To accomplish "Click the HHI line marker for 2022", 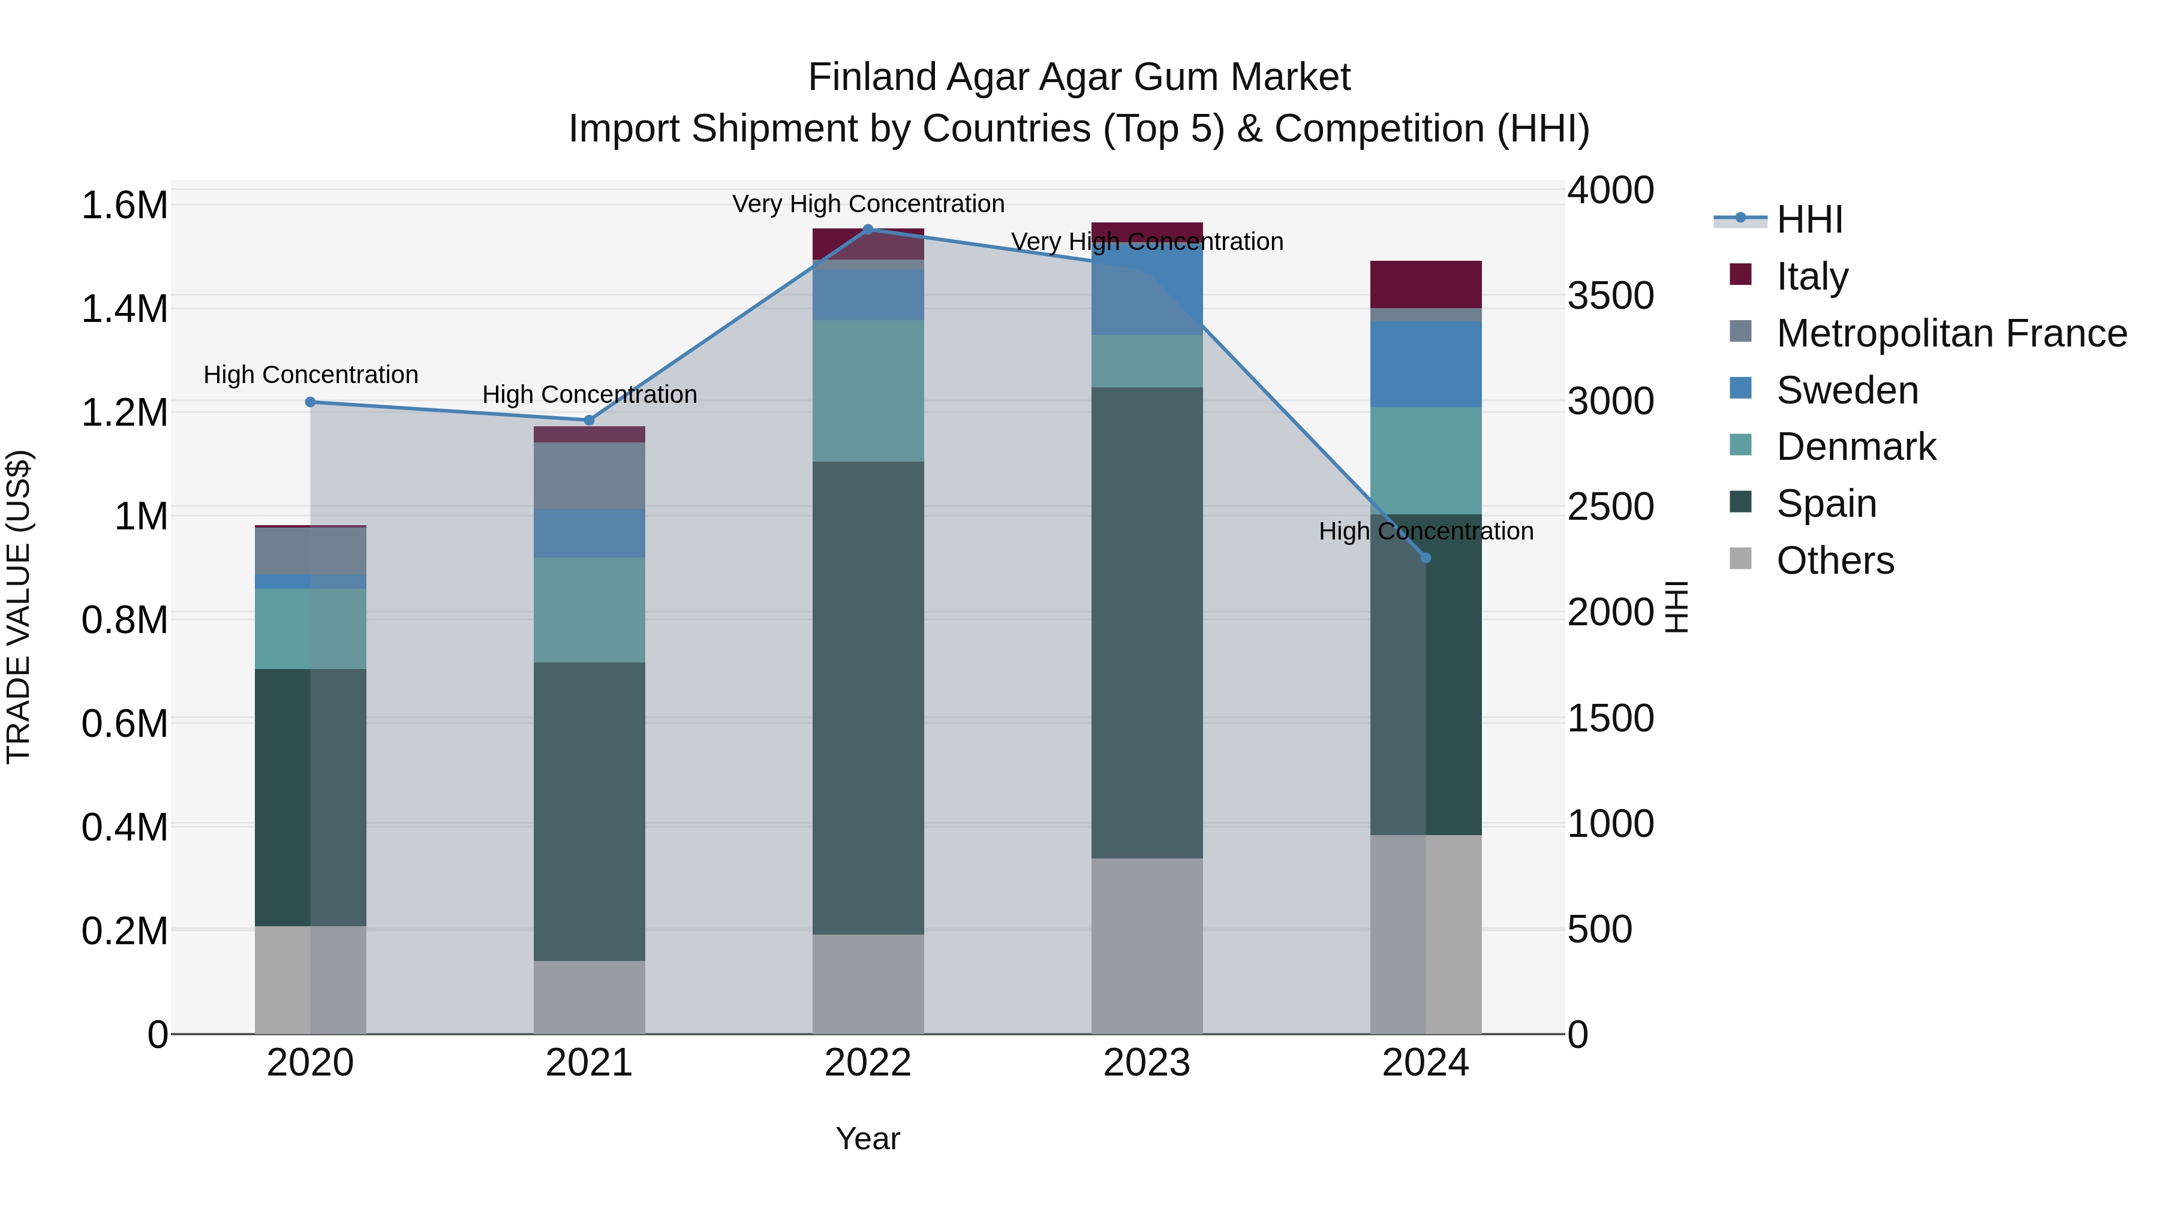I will click(868, 230).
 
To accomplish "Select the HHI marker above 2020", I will click(310, 402).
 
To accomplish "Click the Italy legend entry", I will click(1811, 276).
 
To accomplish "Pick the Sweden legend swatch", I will click(1741, 388).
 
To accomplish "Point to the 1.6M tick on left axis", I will click(124, 205).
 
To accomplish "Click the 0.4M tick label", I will click(124, 827).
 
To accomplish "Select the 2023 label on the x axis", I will click(1147, 1063).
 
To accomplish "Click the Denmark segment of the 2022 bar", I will click(868, 390).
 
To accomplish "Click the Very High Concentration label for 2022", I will click(868, 204).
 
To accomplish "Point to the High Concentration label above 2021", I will click(589, 394).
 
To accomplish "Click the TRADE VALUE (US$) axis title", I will click(19, 607).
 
